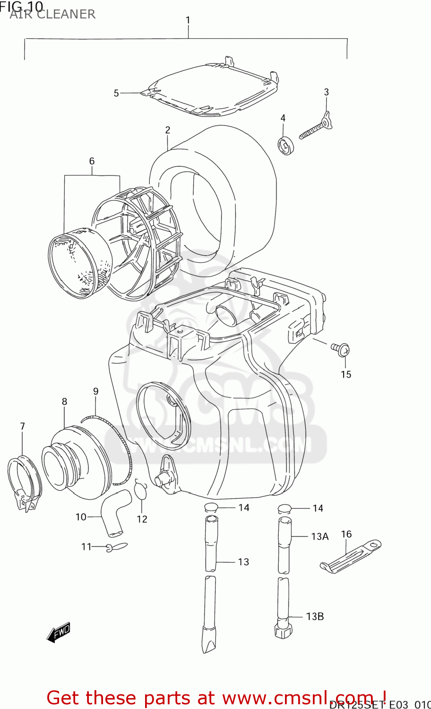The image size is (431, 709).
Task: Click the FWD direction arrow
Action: tap(59, 632)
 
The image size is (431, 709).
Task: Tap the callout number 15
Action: tap(346, 374)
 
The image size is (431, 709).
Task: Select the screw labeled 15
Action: tap(342, 350)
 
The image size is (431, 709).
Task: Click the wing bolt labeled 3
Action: tap(316, 128)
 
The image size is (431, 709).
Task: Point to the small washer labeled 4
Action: tap(285, 145)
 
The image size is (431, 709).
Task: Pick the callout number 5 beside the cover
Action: tap(116, 93)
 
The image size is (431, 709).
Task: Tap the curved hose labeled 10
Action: tap(113, 513)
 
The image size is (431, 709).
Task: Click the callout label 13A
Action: tap(319, 536)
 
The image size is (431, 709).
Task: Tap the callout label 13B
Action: tap(314, 616)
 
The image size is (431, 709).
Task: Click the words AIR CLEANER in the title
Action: tap(52, 15)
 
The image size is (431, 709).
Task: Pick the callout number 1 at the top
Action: tap(188, 20)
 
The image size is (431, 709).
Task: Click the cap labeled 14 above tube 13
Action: tap(211, 508)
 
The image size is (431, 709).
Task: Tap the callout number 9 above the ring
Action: tap(95, 391)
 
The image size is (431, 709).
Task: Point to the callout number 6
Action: tap(92, 161)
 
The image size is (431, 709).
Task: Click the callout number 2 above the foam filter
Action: tap(167, 130)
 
